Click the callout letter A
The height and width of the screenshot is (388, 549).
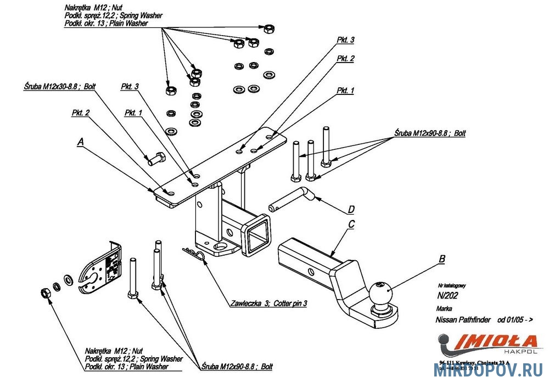[x=81, y=141]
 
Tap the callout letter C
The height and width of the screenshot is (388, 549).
[x=351, y=224]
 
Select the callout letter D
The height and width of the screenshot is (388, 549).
[x=351, y=209]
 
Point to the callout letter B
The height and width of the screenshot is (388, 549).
[x=442, y=258]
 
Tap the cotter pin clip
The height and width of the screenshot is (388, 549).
[x=193, y=253]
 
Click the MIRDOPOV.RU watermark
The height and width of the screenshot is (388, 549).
[x=489, y=371]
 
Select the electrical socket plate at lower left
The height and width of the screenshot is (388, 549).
[x=103, y=268]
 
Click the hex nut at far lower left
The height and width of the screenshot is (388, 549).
[x=46, y=294]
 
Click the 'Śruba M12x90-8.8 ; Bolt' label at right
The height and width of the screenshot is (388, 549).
[x=429, y=133]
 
